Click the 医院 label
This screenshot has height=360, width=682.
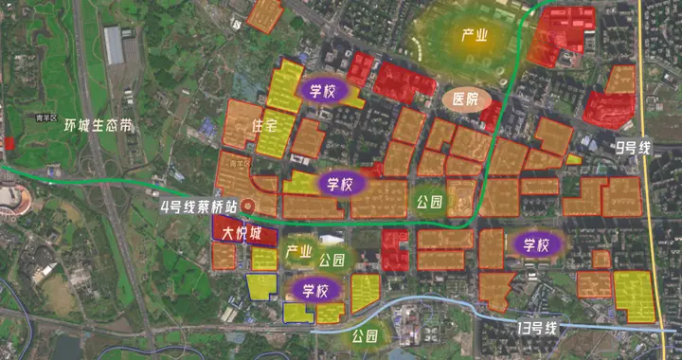pyautogui.click(x=465, y=99)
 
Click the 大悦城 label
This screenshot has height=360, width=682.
pyautogui.click(x=235, y=232)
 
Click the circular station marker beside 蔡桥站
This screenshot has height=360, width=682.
pyautogui.click(x=248, y=205)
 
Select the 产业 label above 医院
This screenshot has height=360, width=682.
pyautogui.click(x=474, y=36)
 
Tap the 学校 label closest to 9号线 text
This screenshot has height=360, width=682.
pyautogui.click(x=531, y=244)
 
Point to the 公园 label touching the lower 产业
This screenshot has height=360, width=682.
pyautogui.click(x=332, y=260)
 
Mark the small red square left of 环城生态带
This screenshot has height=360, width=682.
pyautogui.click(x=9, y=142)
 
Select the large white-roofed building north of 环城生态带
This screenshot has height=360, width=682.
pyautogui.click(x=113, y=45)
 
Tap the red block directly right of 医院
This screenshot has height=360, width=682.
pyautogui.click(x=492, y=114)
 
